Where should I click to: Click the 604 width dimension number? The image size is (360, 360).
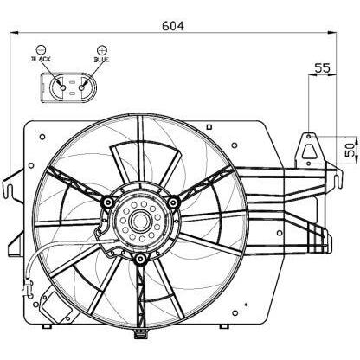point(174,26)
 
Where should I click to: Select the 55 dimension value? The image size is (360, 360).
point(322,67)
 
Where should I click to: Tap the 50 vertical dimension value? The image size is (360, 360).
point(349,148)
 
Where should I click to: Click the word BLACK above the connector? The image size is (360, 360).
point(42,60)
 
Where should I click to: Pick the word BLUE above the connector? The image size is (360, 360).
point(102,60)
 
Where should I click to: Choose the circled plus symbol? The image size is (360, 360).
point(102,48)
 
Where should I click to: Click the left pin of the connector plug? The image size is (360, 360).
point(61,86)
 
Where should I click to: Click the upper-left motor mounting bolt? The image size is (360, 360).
point(106,202)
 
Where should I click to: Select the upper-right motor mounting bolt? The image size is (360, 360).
point(173,202)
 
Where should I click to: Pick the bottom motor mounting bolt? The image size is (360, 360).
point(139,258)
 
